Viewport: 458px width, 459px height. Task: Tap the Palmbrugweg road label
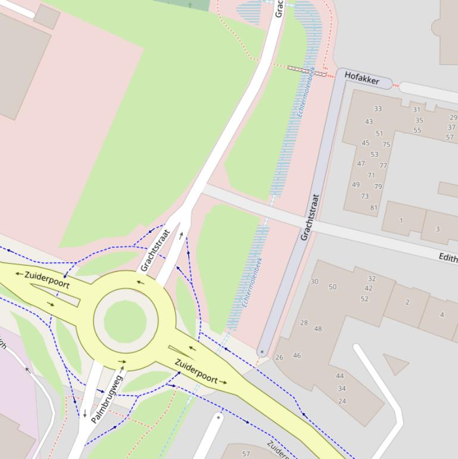(107, 398)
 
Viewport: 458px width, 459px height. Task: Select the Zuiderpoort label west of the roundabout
(47, 280)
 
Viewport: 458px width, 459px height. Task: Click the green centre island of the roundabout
(125, 321)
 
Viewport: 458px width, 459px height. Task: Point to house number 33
(378, 109)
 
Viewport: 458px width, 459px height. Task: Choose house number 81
(374, 208)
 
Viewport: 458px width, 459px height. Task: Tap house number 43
(369, 122)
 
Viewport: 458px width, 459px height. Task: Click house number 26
(279, 357)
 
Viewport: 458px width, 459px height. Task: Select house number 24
(342, 401)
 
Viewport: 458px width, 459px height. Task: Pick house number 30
(314, 281)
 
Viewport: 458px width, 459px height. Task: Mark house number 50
(332, 287)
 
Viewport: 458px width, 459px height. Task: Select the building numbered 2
(407, 302)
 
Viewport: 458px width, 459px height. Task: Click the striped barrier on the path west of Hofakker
(307, 72)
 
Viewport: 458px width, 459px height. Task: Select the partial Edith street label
(447, 258)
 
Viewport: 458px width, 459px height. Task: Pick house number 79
(378, 187)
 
